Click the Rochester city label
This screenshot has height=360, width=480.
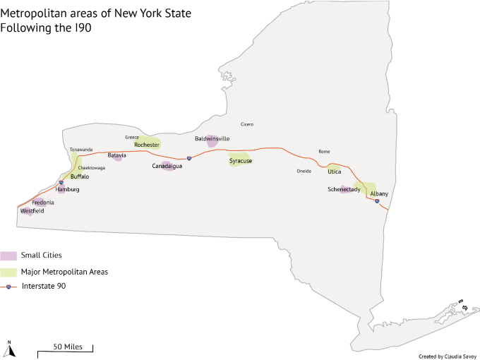148,145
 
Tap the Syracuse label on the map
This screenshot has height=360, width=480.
241,161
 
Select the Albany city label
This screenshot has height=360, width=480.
379,193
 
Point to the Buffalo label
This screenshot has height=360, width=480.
80,176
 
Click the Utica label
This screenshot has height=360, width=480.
334,172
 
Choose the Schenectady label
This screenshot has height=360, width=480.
344,189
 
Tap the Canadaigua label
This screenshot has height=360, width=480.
167,166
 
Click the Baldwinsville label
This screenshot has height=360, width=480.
212,139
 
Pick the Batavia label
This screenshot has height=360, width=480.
116,155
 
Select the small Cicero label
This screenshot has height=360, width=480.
247,124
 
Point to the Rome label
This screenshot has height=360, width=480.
324,152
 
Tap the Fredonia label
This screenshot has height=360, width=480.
43,202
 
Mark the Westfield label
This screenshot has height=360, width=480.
32,211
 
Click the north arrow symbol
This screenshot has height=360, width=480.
11,348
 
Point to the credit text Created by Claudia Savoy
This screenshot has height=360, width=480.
448,356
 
